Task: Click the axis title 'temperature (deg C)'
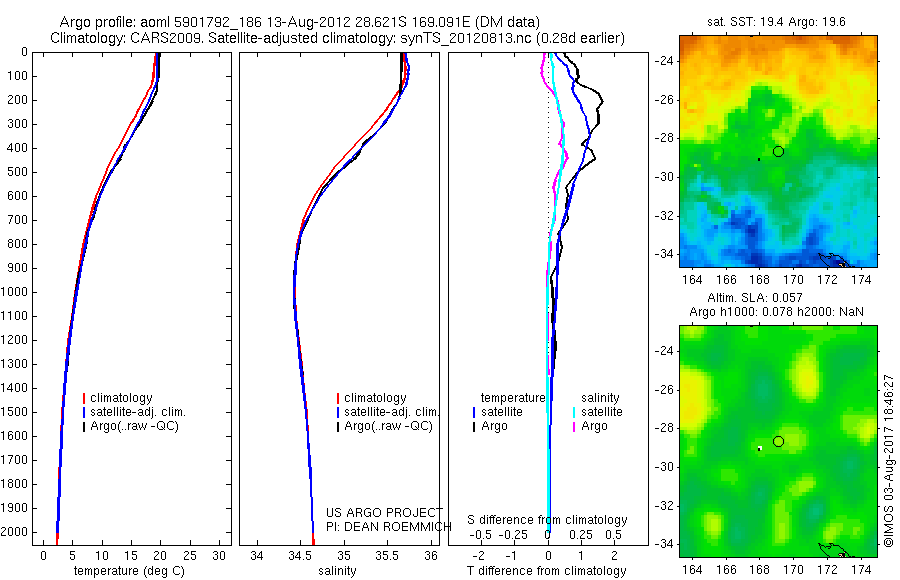point(130,572)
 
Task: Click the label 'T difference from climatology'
point(547,572)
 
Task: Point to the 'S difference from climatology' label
point(548,520)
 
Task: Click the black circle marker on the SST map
point(779,151)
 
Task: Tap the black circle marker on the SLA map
point(779,441)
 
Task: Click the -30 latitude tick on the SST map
point(664,177)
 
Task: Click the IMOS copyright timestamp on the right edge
point(888,461)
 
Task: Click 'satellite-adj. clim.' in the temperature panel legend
point(139,412)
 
